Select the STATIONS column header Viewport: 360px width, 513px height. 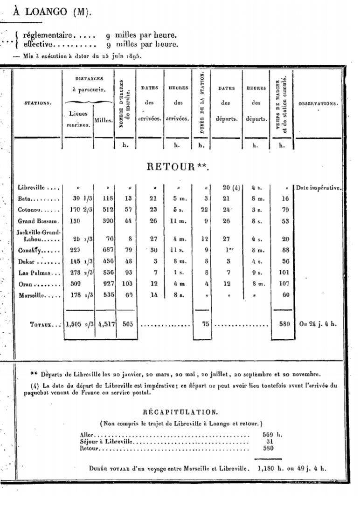(x=38, y=103)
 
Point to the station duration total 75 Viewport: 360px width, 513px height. (x=201, y=325)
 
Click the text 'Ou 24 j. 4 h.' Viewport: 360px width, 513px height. (x=318, y=325)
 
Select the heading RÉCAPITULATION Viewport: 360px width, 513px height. (x=180, y=412)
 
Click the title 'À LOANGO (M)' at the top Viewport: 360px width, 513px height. (x=50, y=13)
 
